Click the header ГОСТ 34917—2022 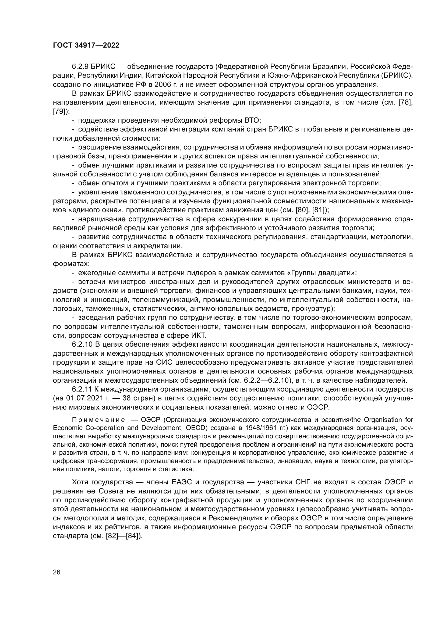(86, 45)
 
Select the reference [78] (406, 102)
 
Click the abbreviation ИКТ (198, 335)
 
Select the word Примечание (99, 420)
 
